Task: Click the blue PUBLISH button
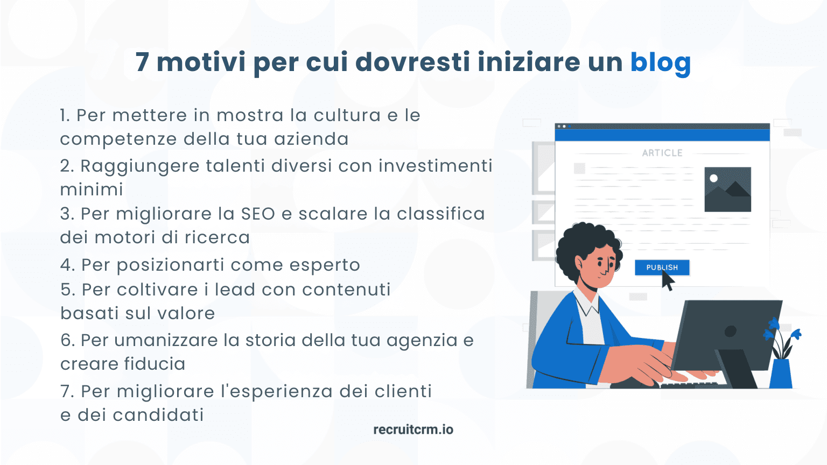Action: click(x=662, y=267)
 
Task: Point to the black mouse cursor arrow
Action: click(x=668, y=281)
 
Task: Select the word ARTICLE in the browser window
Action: click(x=662, y=153)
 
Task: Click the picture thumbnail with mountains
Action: click(x=727, y=189)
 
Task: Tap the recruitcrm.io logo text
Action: click(x=413, y=429)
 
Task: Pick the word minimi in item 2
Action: click(x=92, y=189)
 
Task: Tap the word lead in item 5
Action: click(x=235, y=290)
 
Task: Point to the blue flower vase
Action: click(x=781, y=372)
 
